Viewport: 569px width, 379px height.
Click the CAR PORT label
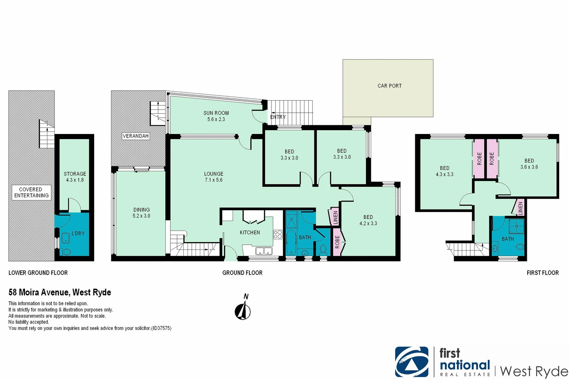[390, 86]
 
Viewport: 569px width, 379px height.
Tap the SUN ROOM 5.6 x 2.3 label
[216, 116]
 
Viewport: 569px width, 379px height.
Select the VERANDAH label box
[136, 136]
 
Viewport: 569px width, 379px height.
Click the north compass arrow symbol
[243, 311]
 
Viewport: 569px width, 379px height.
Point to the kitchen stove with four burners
[278, 234]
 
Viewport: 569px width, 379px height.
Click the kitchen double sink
[263, 251]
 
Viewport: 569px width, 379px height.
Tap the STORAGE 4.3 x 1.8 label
[75, 177]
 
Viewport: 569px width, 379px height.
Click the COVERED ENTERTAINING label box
[31, 193]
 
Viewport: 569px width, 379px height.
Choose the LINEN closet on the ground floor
[335, 217]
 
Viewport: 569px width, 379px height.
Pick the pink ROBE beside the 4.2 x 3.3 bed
[337, 242]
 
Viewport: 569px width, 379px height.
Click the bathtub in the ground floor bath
[291, 242]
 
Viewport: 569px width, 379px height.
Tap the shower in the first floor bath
[517, 226]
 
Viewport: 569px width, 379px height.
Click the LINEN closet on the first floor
[520, 208]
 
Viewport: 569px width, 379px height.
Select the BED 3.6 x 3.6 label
[529, 164]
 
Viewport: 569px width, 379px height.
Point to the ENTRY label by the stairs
[278, 117]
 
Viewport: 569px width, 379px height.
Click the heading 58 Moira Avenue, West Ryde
[60, 292]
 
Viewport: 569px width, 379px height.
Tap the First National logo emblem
[412, 362]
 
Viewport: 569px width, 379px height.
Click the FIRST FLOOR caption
[542, 273]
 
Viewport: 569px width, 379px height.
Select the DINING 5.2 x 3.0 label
[141, 213]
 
